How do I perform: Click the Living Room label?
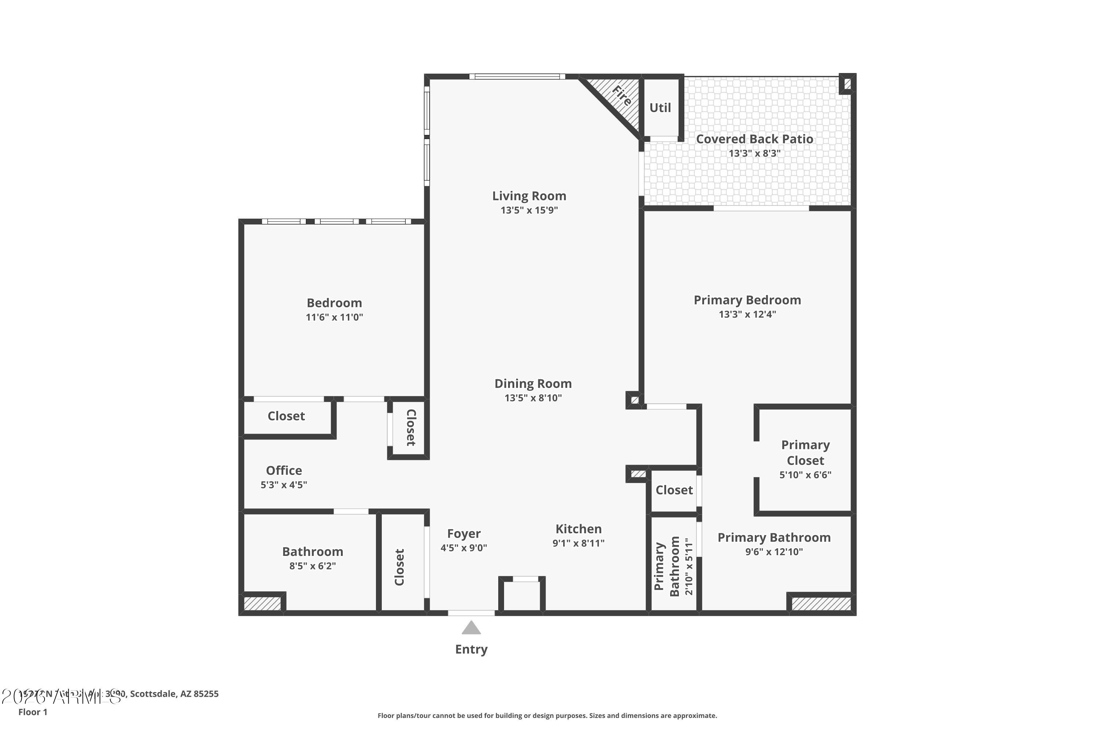click(529, 196)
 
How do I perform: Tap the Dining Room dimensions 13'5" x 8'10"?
click(533, 398)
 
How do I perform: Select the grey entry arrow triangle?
click(471, 628)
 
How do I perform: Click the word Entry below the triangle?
click(471, 649)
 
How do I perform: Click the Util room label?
click(660, 108)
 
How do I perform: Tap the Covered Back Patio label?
click(754, 139)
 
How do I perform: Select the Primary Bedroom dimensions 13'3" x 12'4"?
click(747, 314)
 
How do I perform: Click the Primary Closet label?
click(806, 453)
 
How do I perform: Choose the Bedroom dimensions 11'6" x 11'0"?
click(334, 318)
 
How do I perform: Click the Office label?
click(284, 470)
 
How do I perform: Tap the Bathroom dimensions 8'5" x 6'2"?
click(312, 566)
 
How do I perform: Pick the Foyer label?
click(464, 534)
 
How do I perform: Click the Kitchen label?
click(578, 529)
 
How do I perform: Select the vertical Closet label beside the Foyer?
click(399, 567)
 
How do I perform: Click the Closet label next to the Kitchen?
click(674, 490)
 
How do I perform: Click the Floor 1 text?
click(32, 712)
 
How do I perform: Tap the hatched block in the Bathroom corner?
click(262, 604)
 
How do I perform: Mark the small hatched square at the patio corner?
click(847, 84)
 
